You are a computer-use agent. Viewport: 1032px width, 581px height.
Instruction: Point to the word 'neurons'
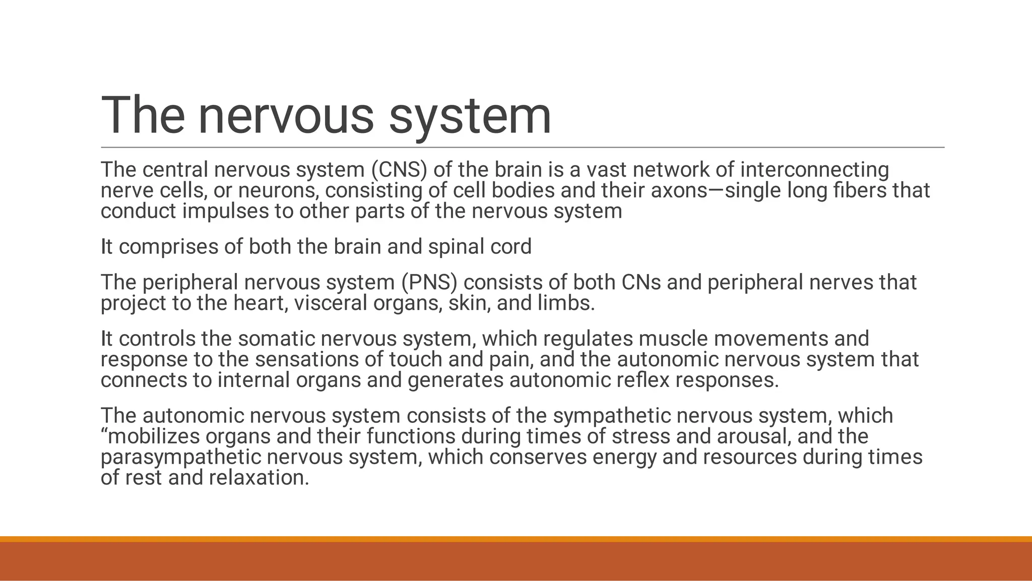pyautogui.click(x=278, y=190)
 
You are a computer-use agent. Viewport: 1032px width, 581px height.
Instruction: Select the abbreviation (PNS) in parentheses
pyautogui.click(x=429, y=283)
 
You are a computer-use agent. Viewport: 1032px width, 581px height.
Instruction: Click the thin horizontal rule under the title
pyautogui.click(x=522, y=148)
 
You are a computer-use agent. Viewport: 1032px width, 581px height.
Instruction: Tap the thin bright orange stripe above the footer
pyautogui.click(x=516, y=539)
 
